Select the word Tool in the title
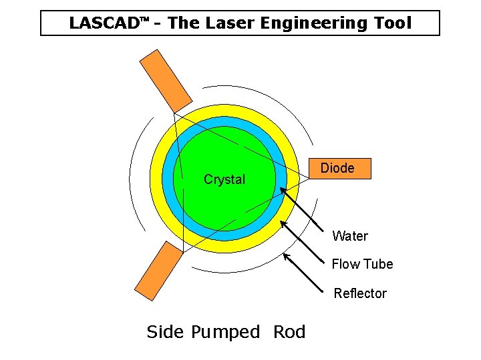click(x=393, y=23)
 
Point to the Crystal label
click(x=224, y=179)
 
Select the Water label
click(x=350, y=236)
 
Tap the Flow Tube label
click(x=362, y=264)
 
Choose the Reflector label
click(x=360, y=293)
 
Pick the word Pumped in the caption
click(x=225, y=332)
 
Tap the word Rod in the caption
click(x=289, y=332)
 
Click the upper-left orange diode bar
click(x=165, y=81)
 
